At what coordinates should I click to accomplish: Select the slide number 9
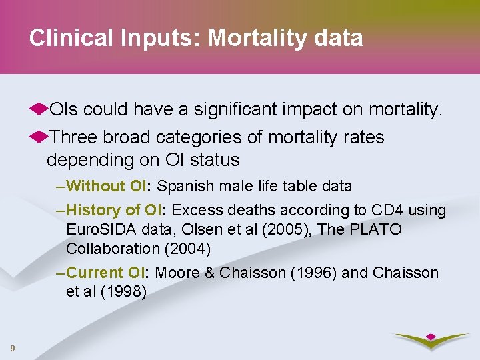[13, 347]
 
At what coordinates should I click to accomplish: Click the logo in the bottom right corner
[430, 341]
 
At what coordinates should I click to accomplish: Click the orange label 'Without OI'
[109, 186]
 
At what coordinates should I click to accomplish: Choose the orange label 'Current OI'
[109, 273]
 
